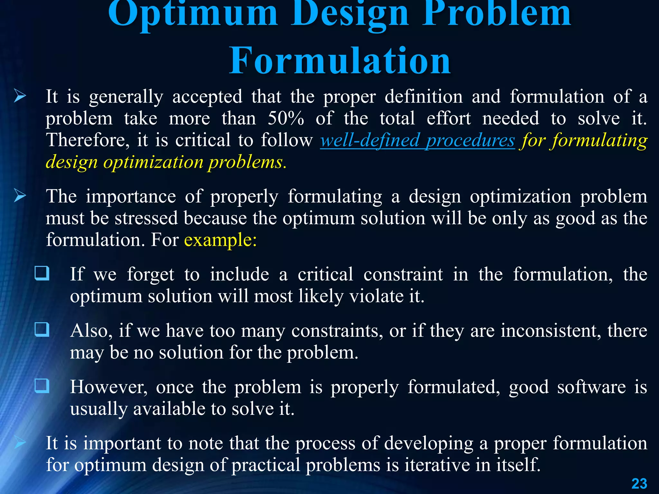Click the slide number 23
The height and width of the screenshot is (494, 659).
(x=639, y=484)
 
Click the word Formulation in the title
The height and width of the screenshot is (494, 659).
(x=340, y=60)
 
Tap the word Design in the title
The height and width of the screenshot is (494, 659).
(x=350, y=14)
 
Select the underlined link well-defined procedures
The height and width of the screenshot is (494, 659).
(x=417, y=141)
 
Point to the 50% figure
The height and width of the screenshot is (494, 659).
(x=286, y=118)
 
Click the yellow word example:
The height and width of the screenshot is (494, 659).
(x=220, y=240)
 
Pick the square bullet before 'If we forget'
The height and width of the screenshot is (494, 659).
(x=42, y=273)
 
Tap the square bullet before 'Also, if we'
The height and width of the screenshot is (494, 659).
(x=42, y=330)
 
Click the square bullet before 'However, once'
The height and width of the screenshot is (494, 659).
(x=42, y=386)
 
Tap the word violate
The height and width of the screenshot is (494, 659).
(x=376, y=296)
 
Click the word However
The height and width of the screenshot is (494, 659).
(x=109, y=387)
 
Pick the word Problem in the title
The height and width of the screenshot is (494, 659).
(x=497, y=14)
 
